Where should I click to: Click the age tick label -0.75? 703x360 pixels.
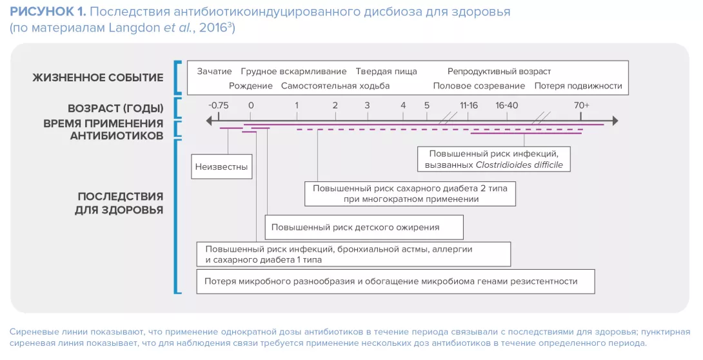(x=219, y=105)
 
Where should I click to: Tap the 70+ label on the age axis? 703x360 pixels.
(x=581, y=105)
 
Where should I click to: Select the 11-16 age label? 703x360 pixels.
(x=469, y=105)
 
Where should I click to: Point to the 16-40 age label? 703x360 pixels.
(x=507, y=105)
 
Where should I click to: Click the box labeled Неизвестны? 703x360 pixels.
(x=221, y=166)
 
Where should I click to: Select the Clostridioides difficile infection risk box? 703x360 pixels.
(x=493, y=159)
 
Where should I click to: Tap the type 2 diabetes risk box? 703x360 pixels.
(x=410, y=194)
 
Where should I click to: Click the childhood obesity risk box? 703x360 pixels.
(x=364, y=227)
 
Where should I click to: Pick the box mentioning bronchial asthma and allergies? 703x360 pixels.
(x=354, y=254)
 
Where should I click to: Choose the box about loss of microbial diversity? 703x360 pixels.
(x=395, y=281)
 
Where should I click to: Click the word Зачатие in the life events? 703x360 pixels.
(x=214, y=72)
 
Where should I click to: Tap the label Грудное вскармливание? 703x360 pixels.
(x=293, y=72)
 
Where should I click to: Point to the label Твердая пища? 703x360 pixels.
(x=386, y=72)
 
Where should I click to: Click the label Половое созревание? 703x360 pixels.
(x=479, y=86)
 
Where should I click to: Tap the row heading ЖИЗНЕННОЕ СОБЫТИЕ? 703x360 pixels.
(x=98, y=78)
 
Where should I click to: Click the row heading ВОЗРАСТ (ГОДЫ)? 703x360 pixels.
(x=115, y=108)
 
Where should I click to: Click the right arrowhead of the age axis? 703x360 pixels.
(x=614, y=121)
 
